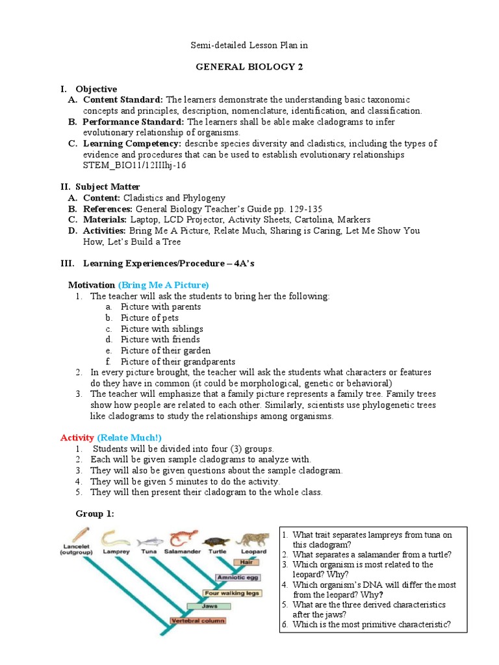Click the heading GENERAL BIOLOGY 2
pyautogui.click(x=250, y=67)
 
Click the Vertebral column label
pyautogui.click(x=198, y=621)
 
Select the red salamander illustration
pyautogui.click(x=182, y=540)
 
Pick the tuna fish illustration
pyautogui.click(x=150, y=540)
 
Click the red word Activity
pyautogui.click(x=77, y=437)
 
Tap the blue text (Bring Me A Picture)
pyautogui.click(x=163, y=285)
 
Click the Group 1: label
pyautogui.click(x=95, y=514)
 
